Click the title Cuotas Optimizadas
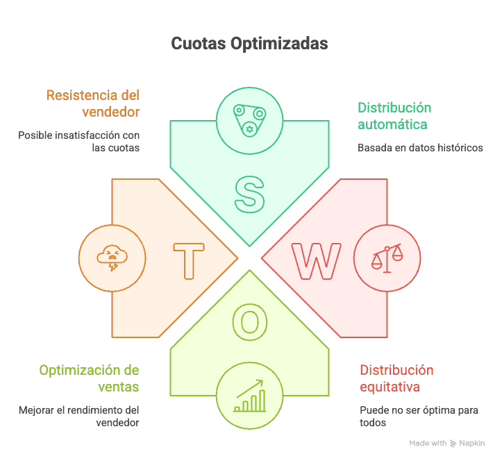point(249,44)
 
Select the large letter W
point(317,261)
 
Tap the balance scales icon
point(387,258)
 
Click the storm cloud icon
point(112,258)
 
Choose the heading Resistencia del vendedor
point(93,103)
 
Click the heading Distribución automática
point(394,116)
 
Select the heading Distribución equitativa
point(396,378)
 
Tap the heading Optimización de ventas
point(89,378)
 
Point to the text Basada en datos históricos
point(419,148)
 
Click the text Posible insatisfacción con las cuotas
point(79,141)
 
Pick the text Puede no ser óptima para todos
point(418,416)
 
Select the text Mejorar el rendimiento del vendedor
point(79,416)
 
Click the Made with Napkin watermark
point(446,443)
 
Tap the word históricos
point(460,148)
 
